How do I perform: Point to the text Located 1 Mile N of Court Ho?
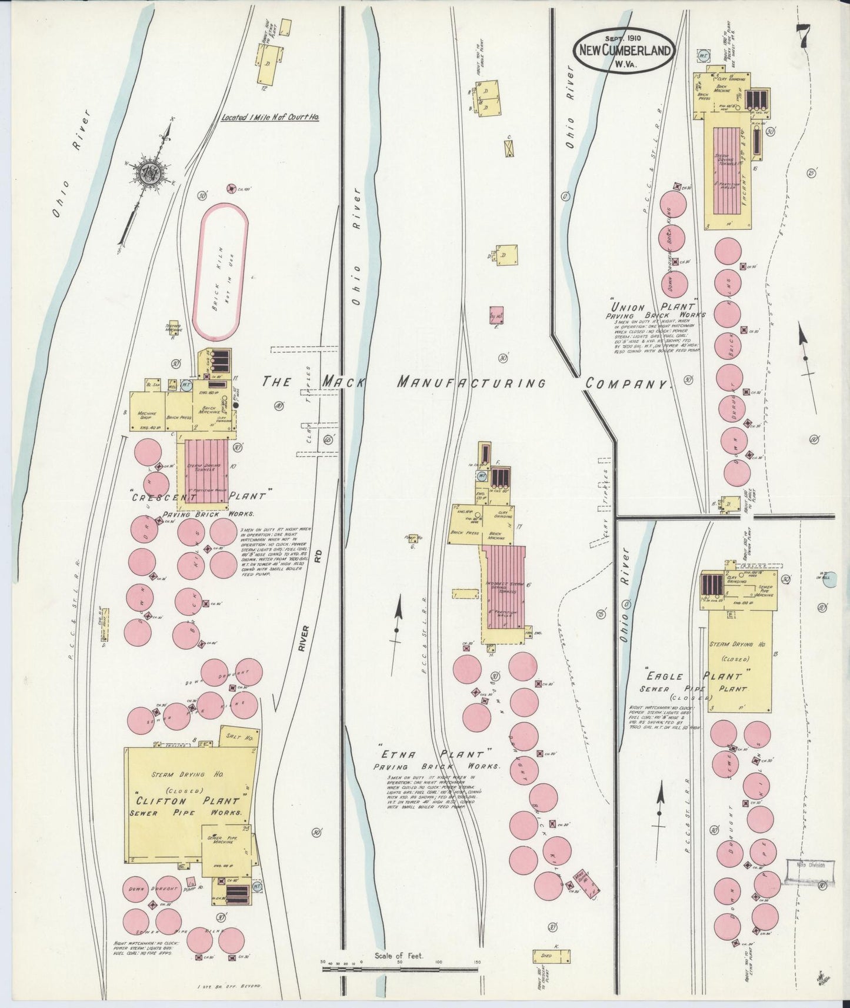click(x=270, y=118)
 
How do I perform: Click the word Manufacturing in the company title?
click(x=471, y=382)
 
